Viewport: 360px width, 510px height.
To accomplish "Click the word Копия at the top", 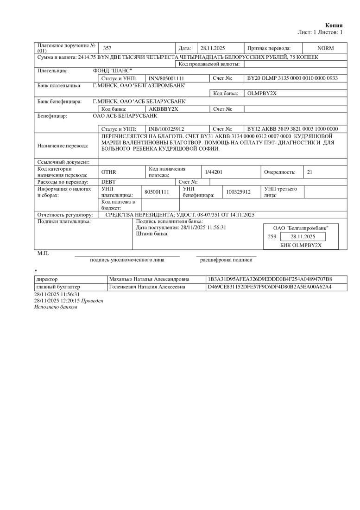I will pyautogui.click(x=334, y=25).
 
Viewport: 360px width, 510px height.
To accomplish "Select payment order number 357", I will pyautogui.click(x=107, y=48).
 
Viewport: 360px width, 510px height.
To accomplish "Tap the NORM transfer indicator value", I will pyautogui.click(x=325, y=48).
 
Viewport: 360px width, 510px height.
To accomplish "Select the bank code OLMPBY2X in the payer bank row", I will pyautogui.click(x=262, y=93).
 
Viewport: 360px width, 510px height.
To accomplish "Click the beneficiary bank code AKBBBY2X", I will pyautogui.click(x=163, y=109).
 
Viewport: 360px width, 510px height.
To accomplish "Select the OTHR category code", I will pyautogui.click(x=108, y=172).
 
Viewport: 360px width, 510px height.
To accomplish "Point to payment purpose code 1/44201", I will pyautogui.click(x=214, y=172).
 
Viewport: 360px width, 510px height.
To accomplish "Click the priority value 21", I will pyautogui.click(x=309, y=172).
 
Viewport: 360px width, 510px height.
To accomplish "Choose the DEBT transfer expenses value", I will pyautogui.click(x=108, y=182).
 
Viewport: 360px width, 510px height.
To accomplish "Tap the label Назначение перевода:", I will pyautogui.click(x=62, y=146).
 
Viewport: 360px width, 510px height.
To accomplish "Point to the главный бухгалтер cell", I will pyautogui.click(x=52, y=287).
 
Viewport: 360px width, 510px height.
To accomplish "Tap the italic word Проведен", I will pyautogui.click(x=92, y=301).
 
